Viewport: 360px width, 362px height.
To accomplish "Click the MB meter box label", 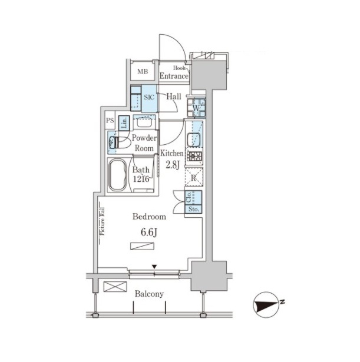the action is click(143, 72).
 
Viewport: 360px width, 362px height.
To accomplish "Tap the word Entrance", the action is click(174, 76).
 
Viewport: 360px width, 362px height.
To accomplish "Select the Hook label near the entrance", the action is click(179, 68).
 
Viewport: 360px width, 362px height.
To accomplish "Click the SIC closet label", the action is click(149, 97).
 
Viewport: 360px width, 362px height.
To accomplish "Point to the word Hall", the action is click(174, 97).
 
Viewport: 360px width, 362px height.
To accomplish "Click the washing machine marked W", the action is click(196, 108).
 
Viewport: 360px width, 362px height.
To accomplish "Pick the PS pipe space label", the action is click(110, 120).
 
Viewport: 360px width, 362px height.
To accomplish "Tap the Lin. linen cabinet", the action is click(124, 122).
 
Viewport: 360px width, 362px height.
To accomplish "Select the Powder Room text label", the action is click(144, 143).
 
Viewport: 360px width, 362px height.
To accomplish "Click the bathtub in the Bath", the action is click(118, 175).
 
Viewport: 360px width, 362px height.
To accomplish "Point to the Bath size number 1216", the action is click(141, 179).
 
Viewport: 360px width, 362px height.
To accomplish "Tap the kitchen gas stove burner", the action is click(194, 157).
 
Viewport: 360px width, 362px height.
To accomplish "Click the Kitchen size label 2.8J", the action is click(173, 165).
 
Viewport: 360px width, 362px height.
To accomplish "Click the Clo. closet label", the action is click(189, 197).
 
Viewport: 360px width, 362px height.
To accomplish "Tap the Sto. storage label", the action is click(194, 209).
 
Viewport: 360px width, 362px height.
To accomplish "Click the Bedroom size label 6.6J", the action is click(149, 233).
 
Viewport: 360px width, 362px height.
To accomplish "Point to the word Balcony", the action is click(149, 294).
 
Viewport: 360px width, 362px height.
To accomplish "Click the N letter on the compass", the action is click(282, 301).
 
